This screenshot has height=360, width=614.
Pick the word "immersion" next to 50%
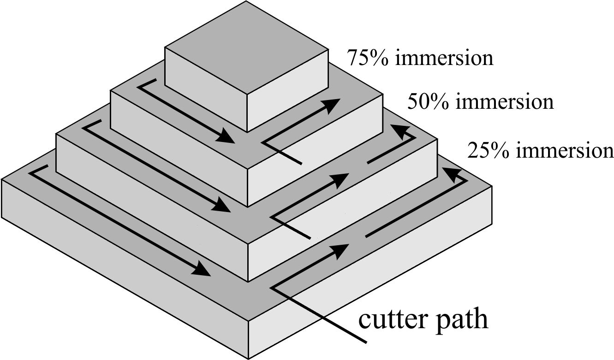point(504,101)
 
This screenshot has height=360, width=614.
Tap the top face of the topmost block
point(247,46)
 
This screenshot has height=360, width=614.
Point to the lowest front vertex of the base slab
point(249,358)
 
